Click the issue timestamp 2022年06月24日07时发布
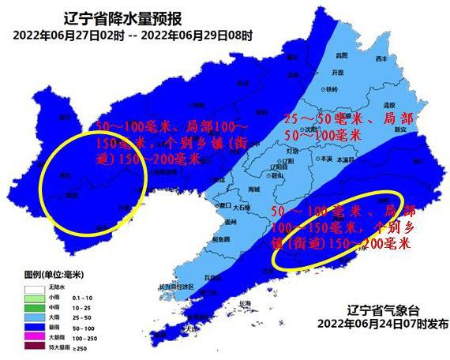[384, 323]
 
